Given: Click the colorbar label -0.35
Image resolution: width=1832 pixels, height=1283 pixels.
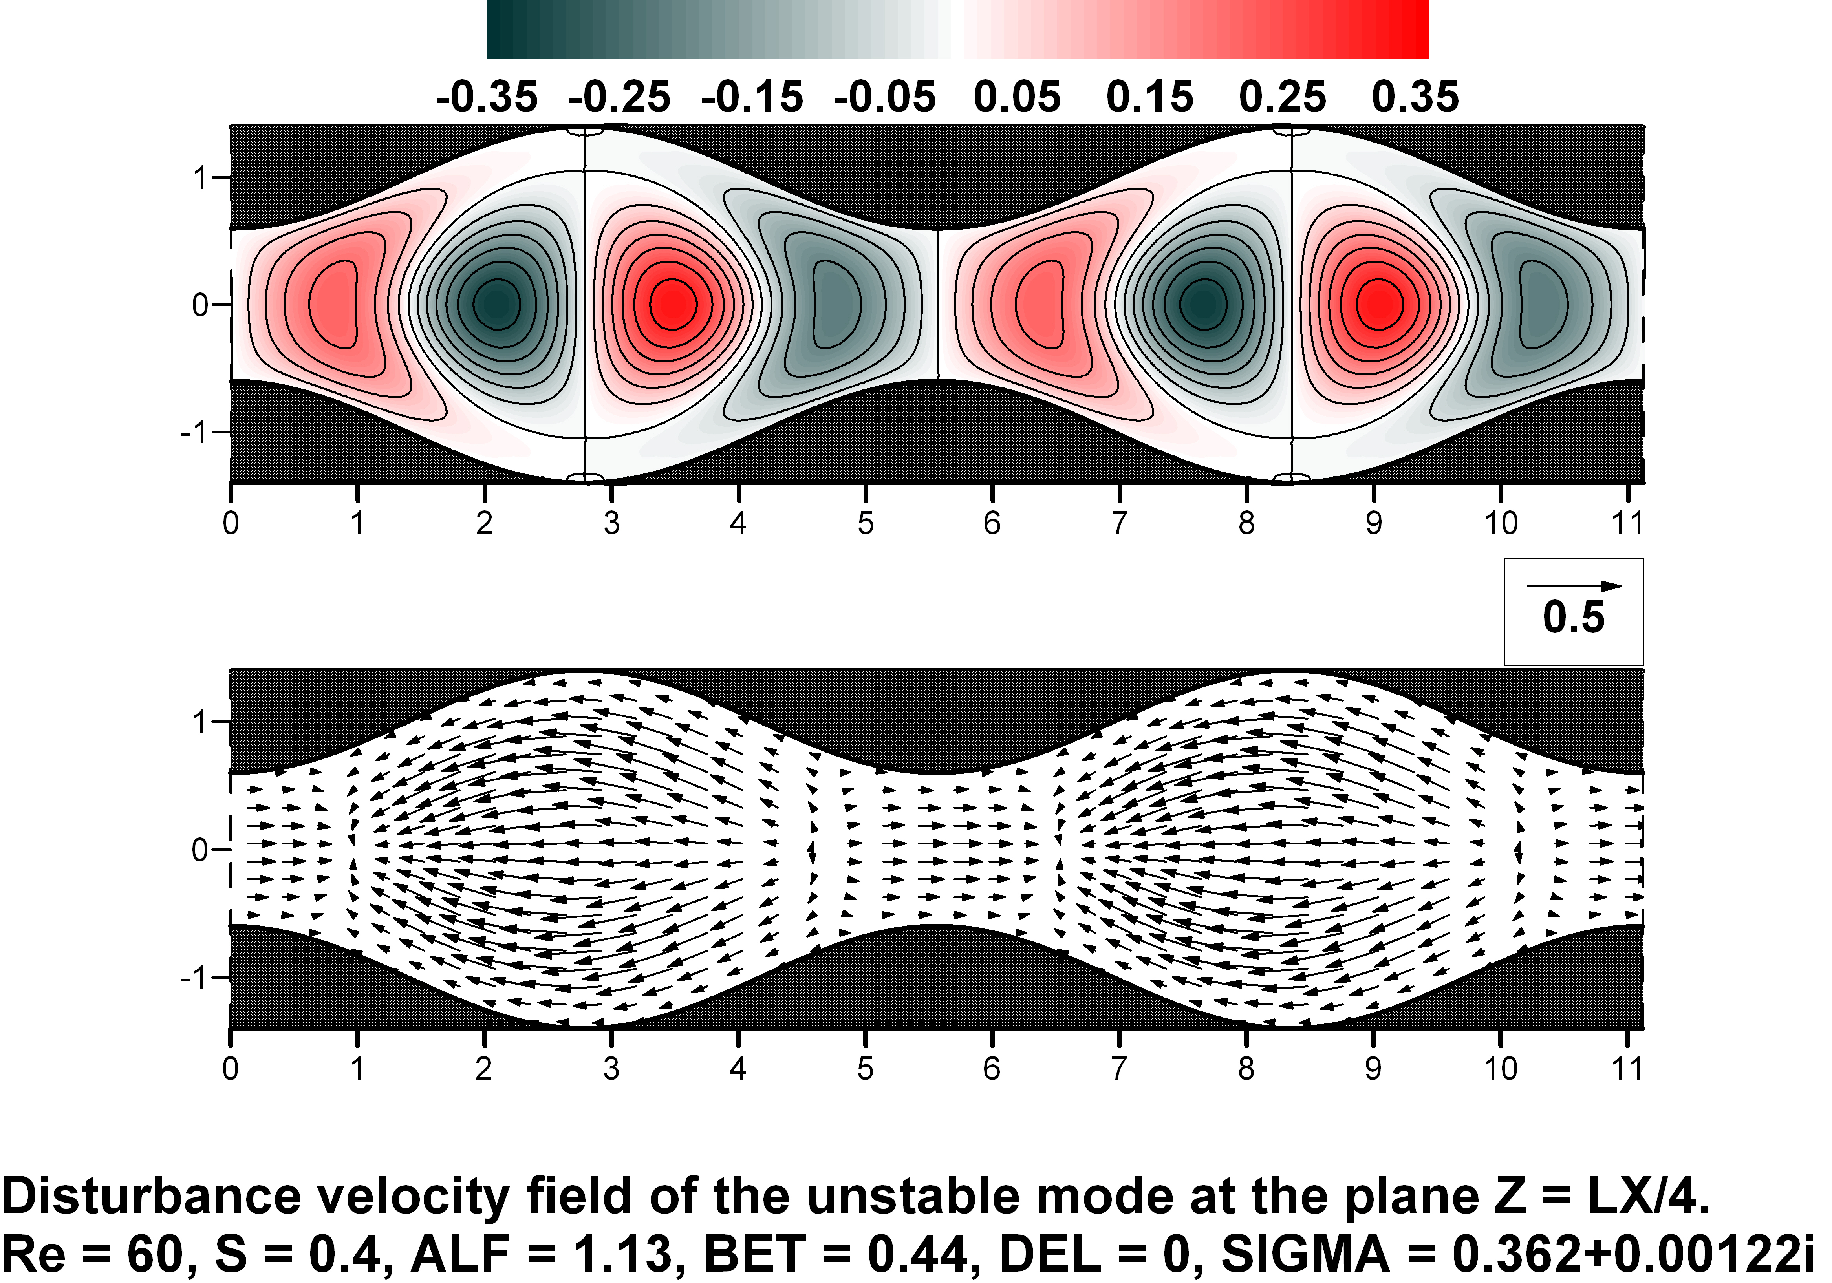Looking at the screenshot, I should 487,97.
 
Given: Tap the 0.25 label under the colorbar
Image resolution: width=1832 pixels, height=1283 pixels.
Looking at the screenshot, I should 1282,97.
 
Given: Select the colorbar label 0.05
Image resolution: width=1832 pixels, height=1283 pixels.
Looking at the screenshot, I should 1018,97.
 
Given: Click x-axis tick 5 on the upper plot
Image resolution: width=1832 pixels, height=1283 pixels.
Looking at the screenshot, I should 865,523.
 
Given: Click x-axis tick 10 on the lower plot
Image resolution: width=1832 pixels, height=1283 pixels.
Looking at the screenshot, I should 1500,1068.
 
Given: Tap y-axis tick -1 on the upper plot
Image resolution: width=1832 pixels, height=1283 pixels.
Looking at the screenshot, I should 196,433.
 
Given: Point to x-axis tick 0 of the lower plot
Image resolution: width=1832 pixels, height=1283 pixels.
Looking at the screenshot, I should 231,1068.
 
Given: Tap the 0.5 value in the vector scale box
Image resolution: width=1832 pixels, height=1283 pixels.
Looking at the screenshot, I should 1574,618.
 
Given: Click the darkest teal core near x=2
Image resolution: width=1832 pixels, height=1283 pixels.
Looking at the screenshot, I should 496,303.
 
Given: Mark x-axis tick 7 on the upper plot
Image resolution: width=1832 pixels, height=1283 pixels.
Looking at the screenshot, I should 1120,523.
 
